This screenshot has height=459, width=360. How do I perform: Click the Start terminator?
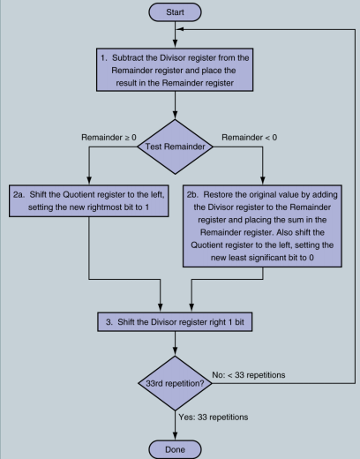tap(177, 13)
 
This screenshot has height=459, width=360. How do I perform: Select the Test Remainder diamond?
tap(178, 146)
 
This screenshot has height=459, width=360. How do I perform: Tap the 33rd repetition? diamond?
tap(178, 385)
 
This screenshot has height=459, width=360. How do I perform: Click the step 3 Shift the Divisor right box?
tap(178, 321)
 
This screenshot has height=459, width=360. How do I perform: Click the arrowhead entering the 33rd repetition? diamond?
tap(178, 352)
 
